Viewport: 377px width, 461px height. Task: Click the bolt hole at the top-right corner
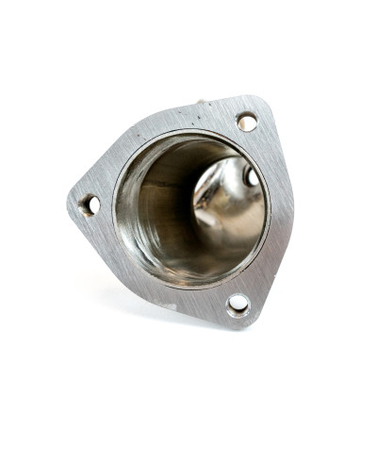(246, 122)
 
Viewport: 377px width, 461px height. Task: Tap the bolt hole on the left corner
(90, 204)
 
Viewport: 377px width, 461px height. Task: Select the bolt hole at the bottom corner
(238, 304)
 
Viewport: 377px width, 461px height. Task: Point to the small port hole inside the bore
(251, 176)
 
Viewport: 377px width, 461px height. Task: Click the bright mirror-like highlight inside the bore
(226, 203)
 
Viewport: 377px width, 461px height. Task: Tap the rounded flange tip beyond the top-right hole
(259, 106)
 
